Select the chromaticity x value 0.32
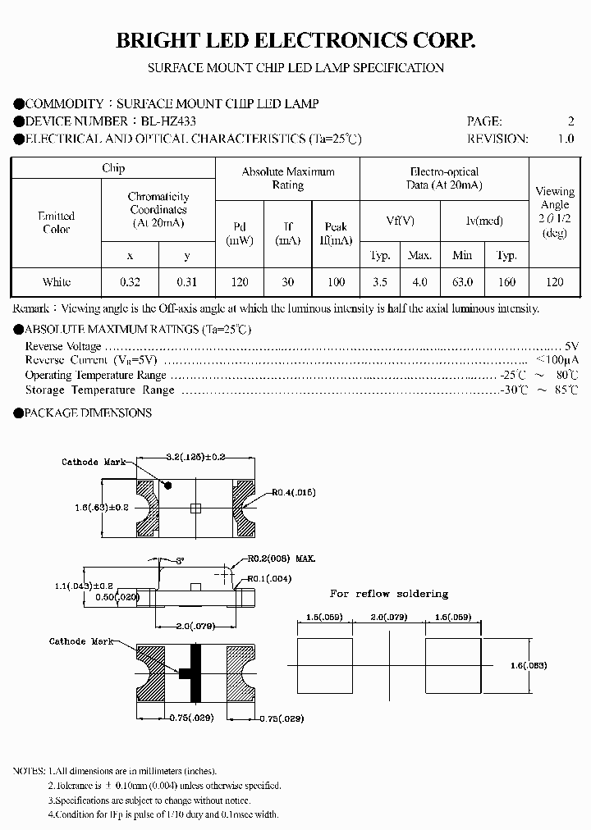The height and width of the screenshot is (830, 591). [x=130, y=281]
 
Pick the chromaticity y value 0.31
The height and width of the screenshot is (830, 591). [x=186, y=281]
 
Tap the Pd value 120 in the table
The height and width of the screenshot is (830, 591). [x=239, y=281]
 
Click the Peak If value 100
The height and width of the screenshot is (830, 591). [x=336, y=281]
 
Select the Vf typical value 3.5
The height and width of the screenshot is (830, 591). [x=379, y=281]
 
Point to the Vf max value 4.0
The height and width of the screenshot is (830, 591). [x=419, y=281]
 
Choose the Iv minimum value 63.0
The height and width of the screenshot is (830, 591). [x=462, y=281]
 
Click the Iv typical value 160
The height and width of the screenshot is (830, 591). [x=506, y=281]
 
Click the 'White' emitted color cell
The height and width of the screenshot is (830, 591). [x=57, y=281]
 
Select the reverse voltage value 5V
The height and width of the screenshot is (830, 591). [x=571, y=346]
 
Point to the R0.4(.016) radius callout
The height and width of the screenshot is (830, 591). [x=293, y=492]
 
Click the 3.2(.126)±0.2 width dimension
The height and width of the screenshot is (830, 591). [x=195, y=457]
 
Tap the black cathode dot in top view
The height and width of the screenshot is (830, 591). [x=169, y=486]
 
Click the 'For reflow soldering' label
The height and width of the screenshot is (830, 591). [x=388, y=593]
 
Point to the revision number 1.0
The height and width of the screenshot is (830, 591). [x=566, y=139]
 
